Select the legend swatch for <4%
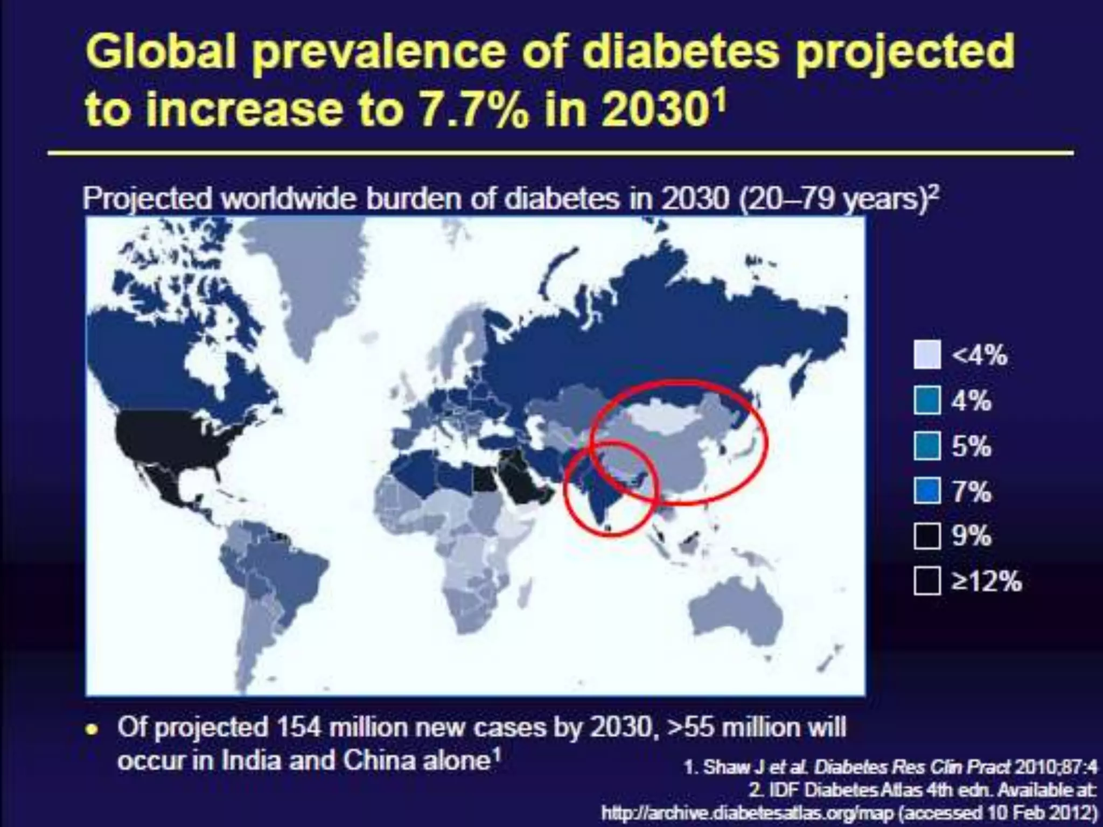927,355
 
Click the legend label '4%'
971,401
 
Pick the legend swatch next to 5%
927,446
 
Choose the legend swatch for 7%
927,492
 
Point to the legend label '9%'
971,536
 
